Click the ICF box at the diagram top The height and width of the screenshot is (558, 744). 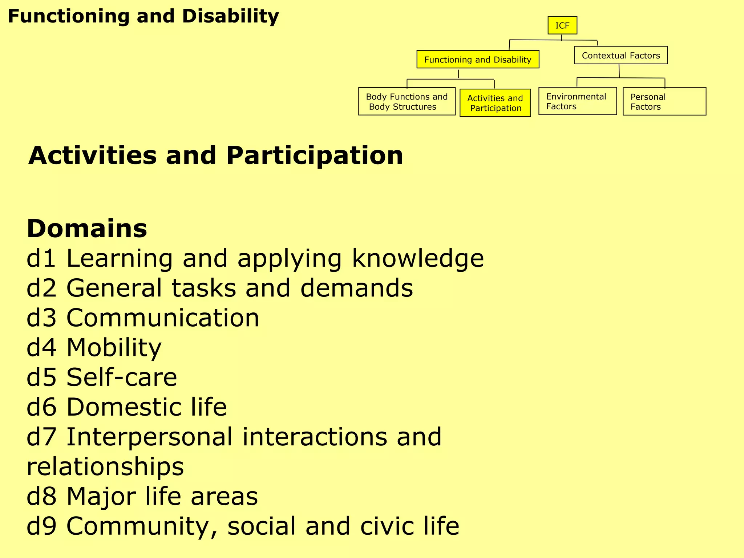click(562, 25)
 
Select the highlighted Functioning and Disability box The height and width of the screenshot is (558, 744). click(477, 60)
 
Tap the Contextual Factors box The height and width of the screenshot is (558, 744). click(620, 56)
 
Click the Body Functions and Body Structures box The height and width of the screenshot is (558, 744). click(407, 102)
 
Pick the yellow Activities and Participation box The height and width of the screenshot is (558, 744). click(495, 103)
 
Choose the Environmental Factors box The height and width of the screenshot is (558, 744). click(577, 101)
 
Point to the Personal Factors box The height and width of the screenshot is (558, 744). click(664, 102)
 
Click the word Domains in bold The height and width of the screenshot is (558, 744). click(87, 229)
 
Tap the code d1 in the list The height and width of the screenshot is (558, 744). click(41, 258)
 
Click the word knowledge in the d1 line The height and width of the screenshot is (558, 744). click(418, 259)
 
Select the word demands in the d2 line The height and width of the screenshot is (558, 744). click(356, 288)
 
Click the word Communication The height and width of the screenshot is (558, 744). click(163, 318)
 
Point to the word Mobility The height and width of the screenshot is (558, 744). click(114, 348)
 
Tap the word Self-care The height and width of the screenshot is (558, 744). click(122, 377)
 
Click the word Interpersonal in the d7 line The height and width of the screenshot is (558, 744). click(149, 437)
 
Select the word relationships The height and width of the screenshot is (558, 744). click(105, 467)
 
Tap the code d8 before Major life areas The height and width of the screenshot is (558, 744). click(41, 497)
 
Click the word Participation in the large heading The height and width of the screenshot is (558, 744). click(314, 155)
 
